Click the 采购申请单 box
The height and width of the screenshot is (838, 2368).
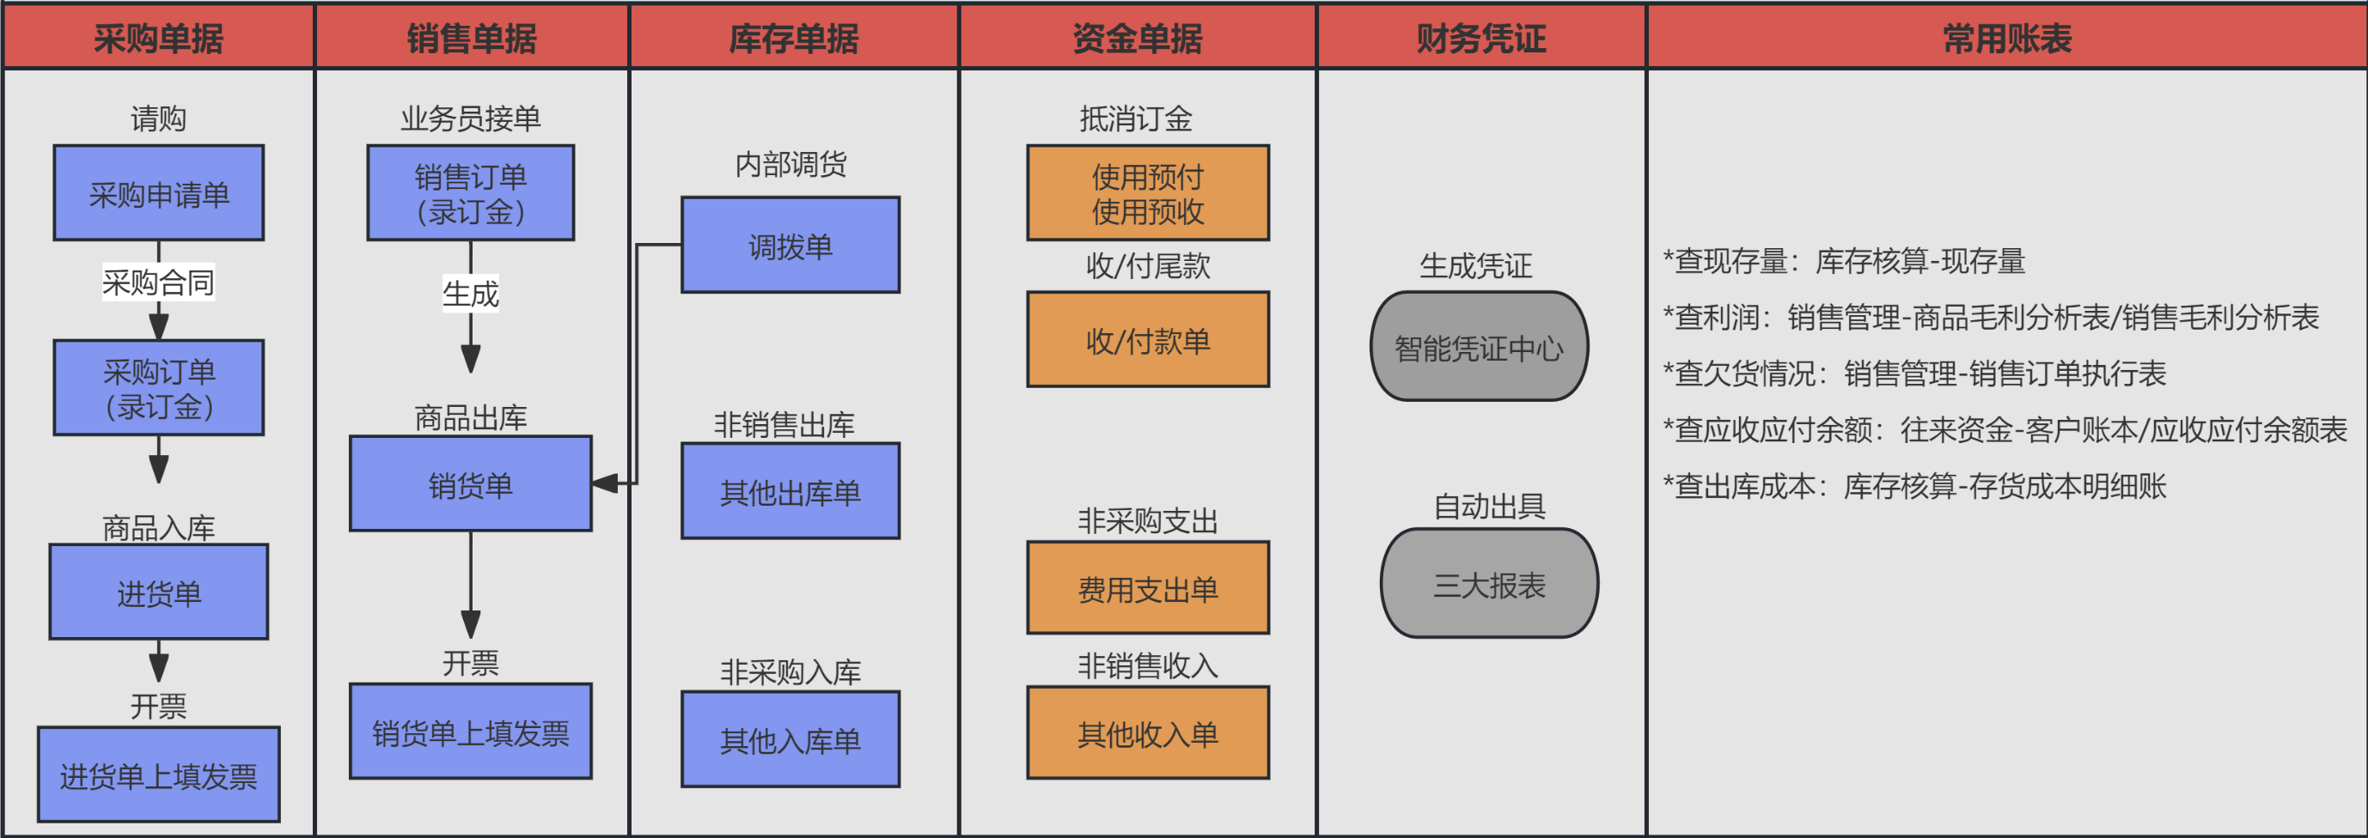point(158,193)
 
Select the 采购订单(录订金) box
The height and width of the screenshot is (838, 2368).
point(158,388)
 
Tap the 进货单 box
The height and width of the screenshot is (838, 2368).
point(158,592)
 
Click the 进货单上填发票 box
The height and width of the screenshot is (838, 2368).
point(158,774)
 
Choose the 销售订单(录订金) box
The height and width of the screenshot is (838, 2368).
point(471,193)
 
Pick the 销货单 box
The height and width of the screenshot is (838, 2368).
point(471,483)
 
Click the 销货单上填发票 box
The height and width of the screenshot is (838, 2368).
point(471,732)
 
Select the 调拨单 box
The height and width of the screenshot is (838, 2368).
point(790,246)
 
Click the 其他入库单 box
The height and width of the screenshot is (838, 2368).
point(790,739)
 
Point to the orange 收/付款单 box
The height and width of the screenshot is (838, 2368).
point(1148,340)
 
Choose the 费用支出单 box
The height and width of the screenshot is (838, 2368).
point(1148,588)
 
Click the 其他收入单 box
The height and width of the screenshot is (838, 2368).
point(1148,733)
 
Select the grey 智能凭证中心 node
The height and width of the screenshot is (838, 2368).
point(1479,346)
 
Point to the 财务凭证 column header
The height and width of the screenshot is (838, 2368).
point(1481,38)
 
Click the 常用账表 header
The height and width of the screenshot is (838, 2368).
point(2007,38)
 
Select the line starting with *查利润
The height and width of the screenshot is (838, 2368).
point(1991,318)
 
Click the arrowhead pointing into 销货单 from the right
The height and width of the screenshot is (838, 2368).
point(605,483)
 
